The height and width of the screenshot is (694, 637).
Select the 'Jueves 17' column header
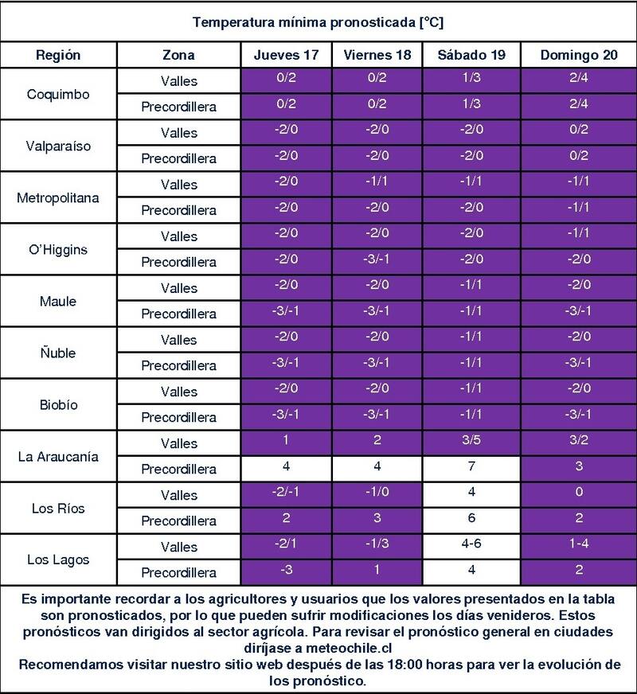tap(287, 56)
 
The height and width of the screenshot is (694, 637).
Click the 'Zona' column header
tap(178, 56)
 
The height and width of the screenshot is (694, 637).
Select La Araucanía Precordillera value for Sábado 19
tap(473, 469)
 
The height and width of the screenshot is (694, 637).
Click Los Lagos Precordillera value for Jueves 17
tap(287, 572)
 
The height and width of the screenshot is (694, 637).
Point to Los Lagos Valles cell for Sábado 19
tap(473, 546)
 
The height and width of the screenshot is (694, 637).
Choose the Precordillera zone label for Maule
tap(178, 314)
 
